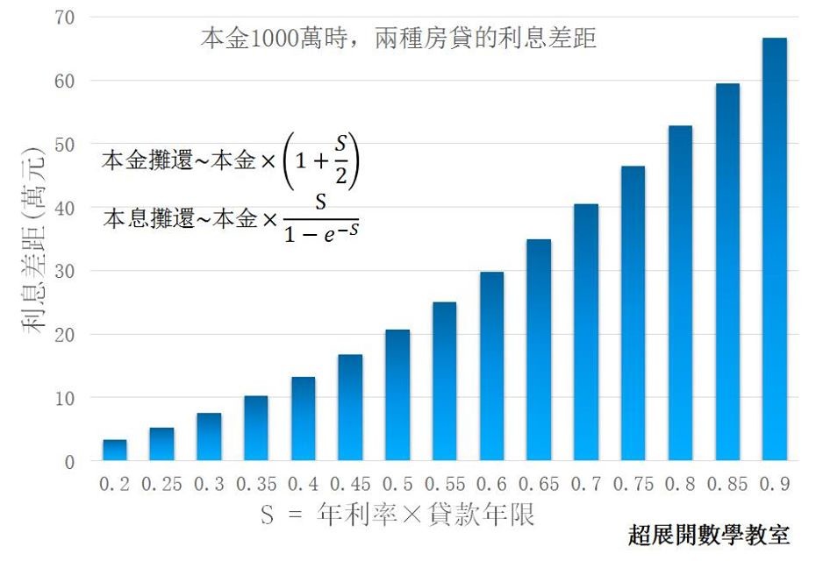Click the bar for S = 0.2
(114, 450)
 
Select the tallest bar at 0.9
(775, 249)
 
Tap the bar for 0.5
(397, 395)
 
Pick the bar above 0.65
(539, 351)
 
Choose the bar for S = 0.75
(633, 314)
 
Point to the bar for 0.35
(255, 429)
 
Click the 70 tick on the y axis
(65, 18)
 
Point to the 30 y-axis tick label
(65, 271)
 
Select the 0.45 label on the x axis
(350, 484)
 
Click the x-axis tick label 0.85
(727, 484)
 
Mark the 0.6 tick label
(492, 484)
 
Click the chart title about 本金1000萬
(398, 38)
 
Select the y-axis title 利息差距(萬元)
(33, 241)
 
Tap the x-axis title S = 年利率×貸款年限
(397, 514)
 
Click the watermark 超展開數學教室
(709, 535)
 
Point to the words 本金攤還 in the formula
(147, 160)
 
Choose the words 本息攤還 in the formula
(148, 217)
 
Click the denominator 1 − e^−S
(321, 232)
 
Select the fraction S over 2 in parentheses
(341, 160)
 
